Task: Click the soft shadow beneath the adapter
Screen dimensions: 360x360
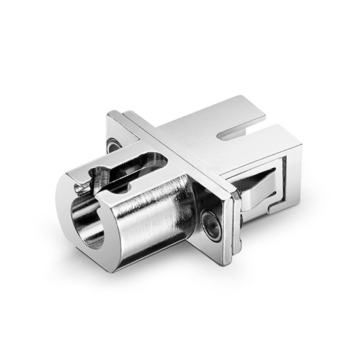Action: pyautogui.click(x=196, y=288)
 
